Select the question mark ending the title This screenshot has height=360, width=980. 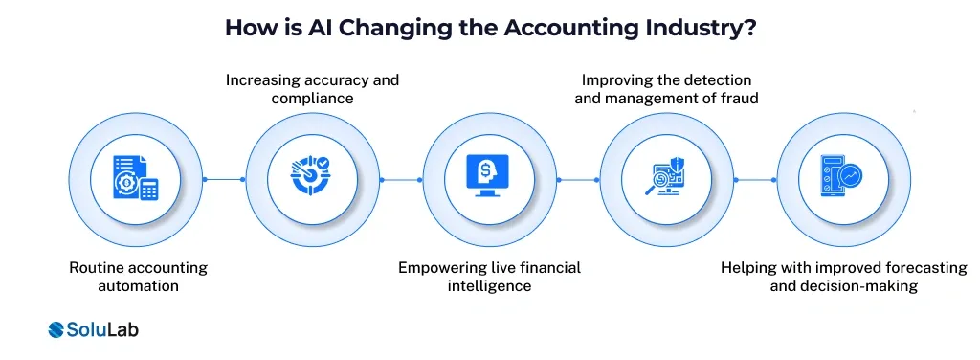click(x=747, y=27)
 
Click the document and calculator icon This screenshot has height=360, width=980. click(x=136, y=179)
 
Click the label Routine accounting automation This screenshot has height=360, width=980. click(x=138, y=277)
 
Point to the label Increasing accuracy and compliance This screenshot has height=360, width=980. click(x=312, y=89)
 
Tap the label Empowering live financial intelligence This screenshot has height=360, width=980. click(x=490, y=277)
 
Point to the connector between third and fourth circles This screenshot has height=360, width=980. click(x=578, y=179)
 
